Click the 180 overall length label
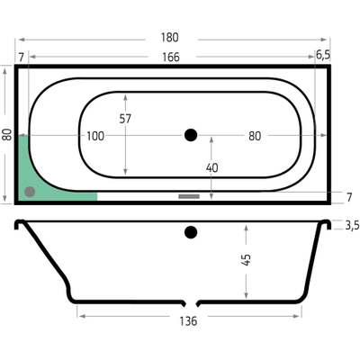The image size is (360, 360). coord(170,38)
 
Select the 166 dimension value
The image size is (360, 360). coord(170,57)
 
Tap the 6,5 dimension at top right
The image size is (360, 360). coord(322,56)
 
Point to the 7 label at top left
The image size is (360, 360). coord(21,57)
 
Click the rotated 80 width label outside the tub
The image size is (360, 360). coord(7,134)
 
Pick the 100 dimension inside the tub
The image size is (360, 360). coord(94,136)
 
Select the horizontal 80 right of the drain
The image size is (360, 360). coord(255,136)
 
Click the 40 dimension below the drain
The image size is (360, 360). coord(213,167)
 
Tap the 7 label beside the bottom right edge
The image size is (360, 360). coord(348,196)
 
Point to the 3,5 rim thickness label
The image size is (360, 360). coord(351,225)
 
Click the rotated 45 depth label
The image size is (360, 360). coord(247,260)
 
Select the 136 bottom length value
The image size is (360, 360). coord(187,319)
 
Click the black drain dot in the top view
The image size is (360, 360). coord(189,135)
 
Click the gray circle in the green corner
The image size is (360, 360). coord(30,191)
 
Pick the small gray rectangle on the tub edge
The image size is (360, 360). coord(188,195)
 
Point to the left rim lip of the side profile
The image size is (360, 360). coord(17,224)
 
